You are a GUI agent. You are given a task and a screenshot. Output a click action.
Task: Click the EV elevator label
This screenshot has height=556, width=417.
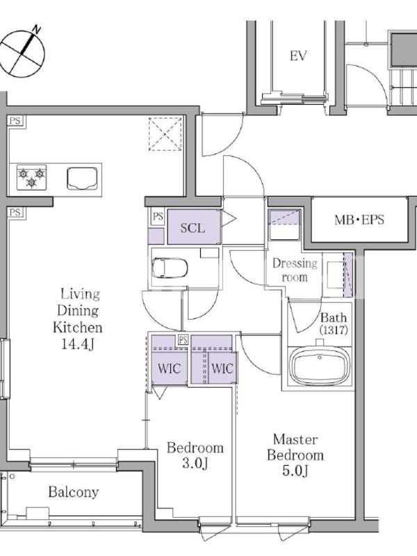pyautogui.click(x=298, y=56)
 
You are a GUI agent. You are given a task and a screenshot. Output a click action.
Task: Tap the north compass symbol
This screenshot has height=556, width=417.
pyautogui.click(x=22, y=53)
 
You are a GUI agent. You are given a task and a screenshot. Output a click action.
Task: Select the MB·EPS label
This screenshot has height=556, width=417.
pyautogui.click(x=359, y=220)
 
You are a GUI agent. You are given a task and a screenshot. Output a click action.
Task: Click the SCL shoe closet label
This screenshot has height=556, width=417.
pyautogui.click(x=193, y=228)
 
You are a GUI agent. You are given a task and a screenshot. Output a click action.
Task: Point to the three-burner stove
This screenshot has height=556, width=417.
pyautogui.click(x=31, y=177)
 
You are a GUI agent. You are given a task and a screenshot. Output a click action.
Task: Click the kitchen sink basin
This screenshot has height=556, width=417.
pyautogui.click(x=82, y=179)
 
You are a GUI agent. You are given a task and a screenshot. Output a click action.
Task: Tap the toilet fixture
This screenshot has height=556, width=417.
pyautogui.click(x=170, y=268)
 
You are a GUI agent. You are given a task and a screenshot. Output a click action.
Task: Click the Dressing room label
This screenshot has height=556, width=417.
pyautogui.click(x=295, y=270)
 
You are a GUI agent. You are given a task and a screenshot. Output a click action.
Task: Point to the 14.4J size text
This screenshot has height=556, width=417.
pyautogui.click(x=78, y=344)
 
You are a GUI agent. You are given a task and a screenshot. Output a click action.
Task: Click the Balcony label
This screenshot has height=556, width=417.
pyautogui.click(x=74, y=492)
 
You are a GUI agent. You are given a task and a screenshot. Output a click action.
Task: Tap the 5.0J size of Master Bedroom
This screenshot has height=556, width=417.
pyautogui.click(x=295, y=471)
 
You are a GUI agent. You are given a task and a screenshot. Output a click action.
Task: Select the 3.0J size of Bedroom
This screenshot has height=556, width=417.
pyautogui.click(x=195, y=463)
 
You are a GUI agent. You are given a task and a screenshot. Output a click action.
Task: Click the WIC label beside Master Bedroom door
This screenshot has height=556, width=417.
pyautogui.click(x=222, y=369)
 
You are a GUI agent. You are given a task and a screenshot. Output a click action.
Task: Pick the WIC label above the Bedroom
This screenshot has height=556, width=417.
pyautogui.click(x=169, y=369)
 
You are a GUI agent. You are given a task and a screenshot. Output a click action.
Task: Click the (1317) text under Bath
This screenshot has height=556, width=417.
pyautogui.click(x=334, y=330)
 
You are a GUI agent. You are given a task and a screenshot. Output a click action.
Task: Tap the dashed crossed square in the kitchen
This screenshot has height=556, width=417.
pyautogui.click(x=165, y=134)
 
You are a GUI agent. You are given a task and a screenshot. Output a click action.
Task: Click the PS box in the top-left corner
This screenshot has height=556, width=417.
pyautogui.click(x=15, y=121)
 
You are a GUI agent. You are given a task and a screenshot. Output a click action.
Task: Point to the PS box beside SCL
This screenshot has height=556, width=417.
pyautogui.click(x=158, y=216)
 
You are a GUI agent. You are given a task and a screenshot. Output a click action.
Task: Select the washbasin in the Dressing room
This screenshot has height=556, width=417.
pyautogui.click(x=335, y=275)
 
